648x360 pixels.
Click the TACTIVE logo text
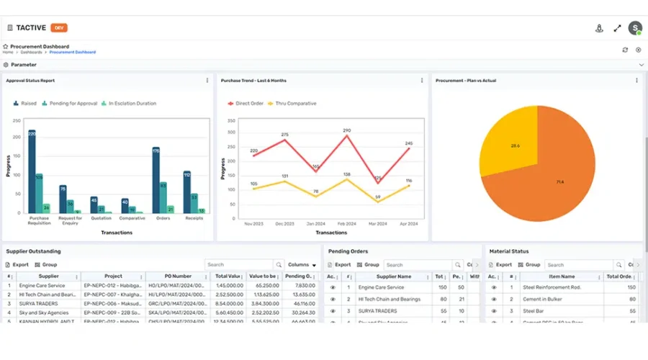(30, 28)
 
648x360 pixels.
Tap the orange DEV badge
(59, 28)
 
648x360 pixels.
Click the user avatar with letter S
(634, 28)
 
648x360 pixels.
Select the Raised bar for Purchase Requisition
(32, 173)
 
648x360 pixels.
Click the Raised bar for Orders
(156, 181)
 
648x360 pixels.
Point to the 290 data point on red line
(346, 137)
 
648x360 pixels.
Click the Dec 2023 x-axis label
(284, 224)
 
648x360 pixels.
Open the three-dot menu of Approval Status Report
(207, 81)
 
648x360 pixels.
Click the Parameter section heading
(23, 65)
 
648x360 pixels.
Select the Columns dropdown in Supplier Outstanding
(302, 265)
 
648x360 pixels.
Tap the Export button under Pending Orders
(339, 265)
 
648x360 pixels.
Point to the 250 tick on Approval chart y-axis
(17, 119)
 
